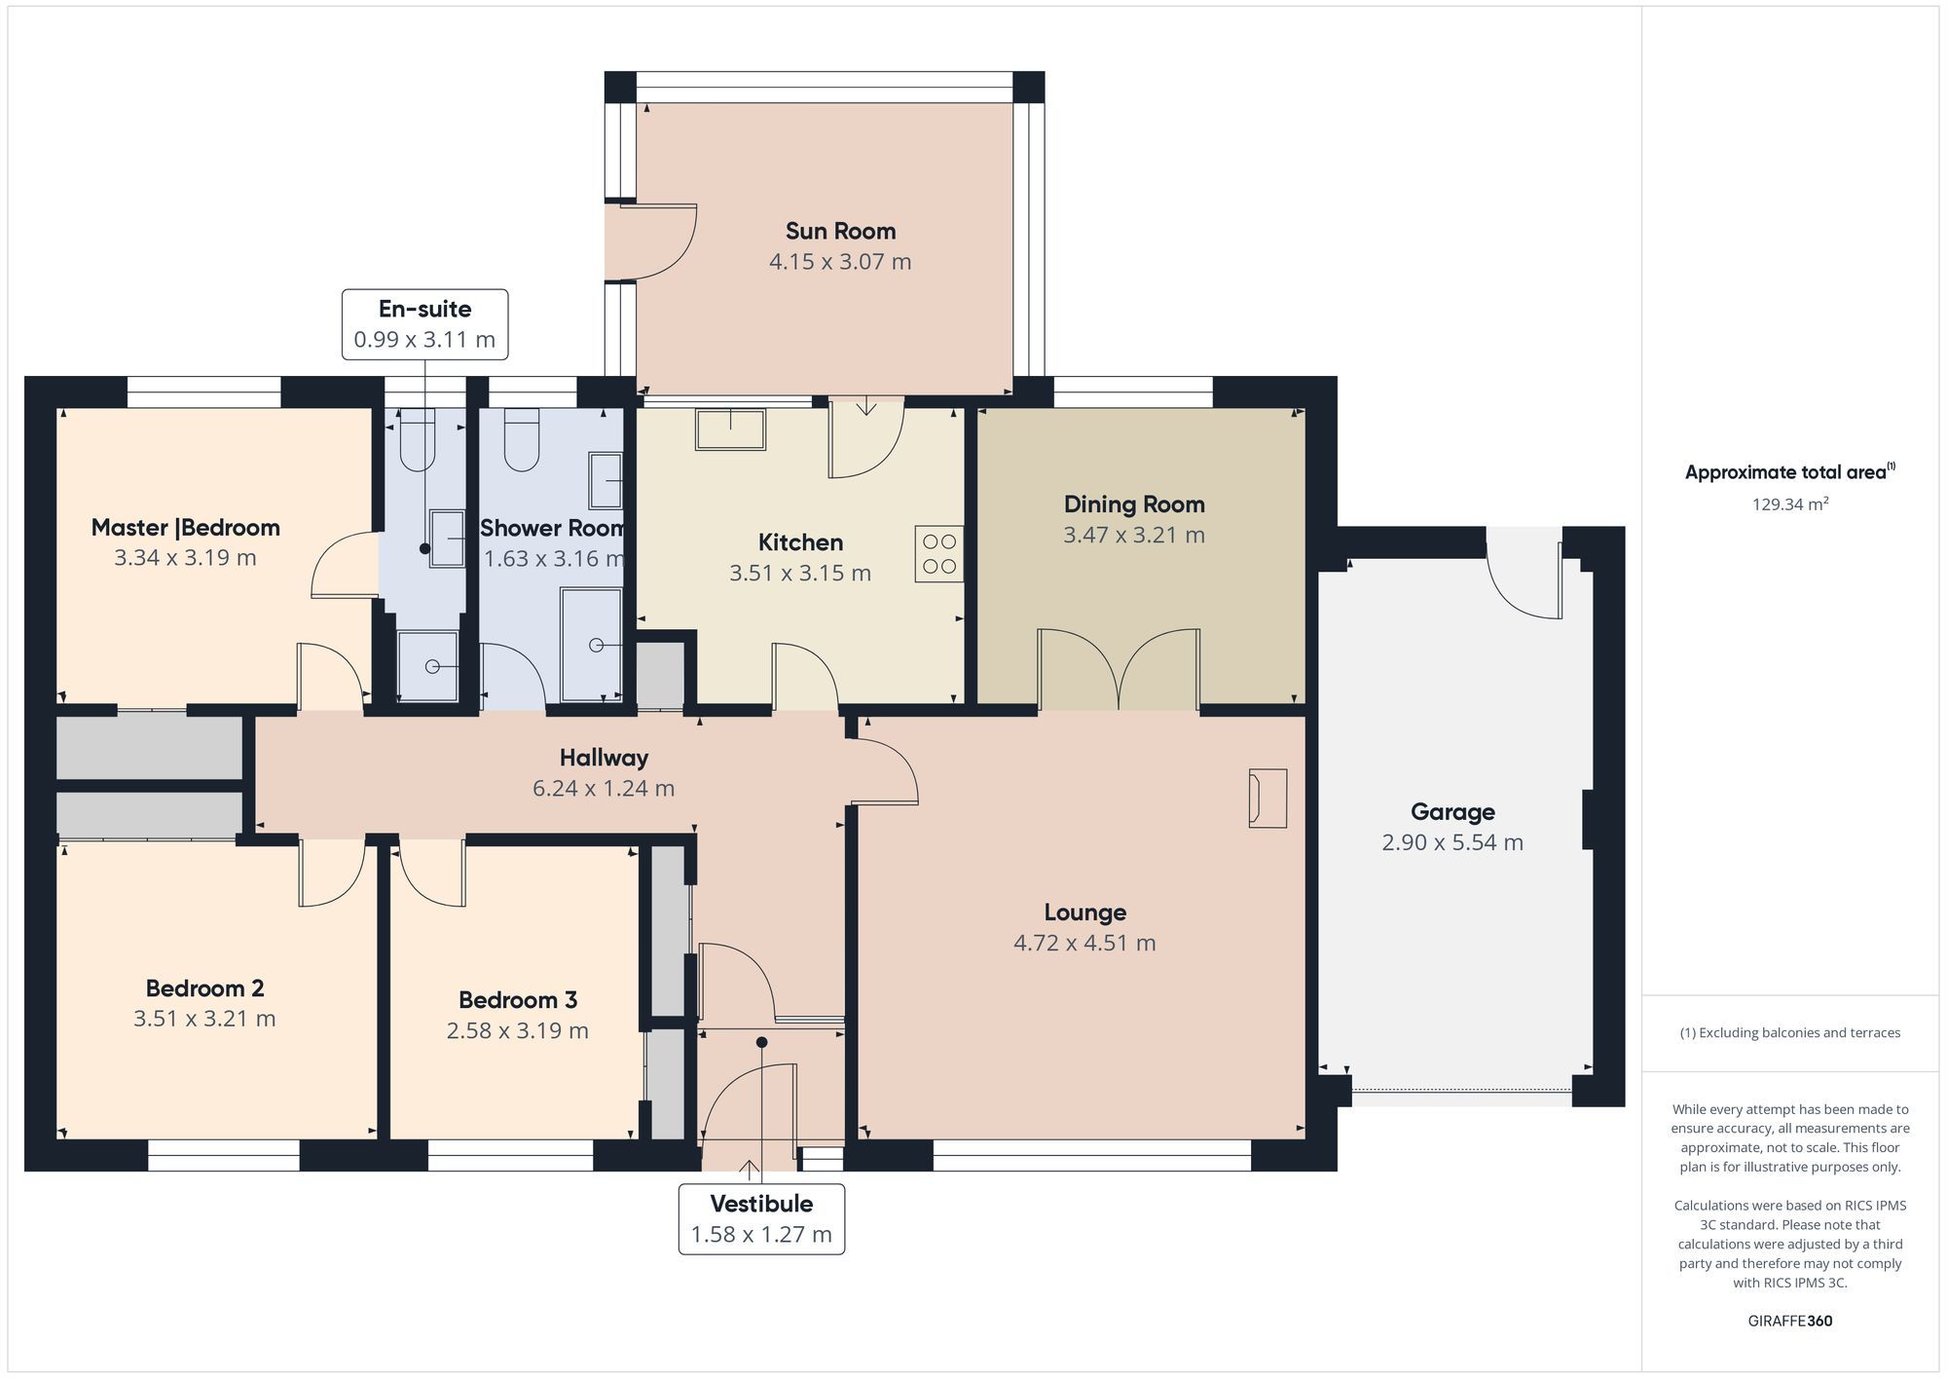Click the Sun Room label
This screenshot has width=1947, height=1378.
point(840,231)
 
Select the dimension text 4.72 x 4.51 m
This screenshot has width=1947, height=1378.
point(1084,943)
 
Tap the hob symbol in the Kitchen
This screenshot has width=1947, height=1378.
point(938,554)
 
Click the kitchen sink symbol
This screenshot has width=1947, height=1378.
point(730,429)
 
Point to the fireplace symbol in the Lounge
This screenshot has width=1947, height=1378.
point(1267,799)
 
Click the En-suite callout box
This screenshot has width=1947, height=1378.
point(424,324)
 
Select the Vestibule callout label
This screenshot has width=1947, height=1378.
point(761,1204)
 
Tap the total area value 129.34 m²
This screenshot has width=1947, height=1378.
point(1789,504)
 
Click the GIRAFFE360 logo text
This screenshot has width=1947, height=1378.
point(1789,1321)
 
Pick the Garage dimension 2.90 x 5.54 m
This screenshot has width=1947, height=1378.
point(1451,842)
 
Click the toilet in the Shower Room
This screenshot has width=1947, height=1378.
point(522,440)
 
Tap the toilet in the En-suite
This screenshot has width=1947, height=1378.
point(417,440)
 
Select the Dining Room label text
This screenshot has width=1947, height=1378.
point(1134,504)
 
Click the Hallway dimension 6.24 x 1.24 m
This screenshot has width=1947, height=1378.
point(603,788)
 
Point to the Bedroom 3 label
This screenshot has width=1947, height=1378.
point(518,1000)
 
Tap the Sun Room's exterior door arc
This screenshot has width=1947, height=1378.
point(662,243)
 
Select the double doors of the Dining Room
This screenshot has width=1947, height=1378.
point(1119,669)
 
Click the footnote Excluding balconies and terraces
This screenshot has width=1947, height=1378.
point(1789,1032)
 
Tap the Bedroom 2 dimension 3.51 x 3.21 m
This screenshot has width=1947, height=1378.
point(204,1019)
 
